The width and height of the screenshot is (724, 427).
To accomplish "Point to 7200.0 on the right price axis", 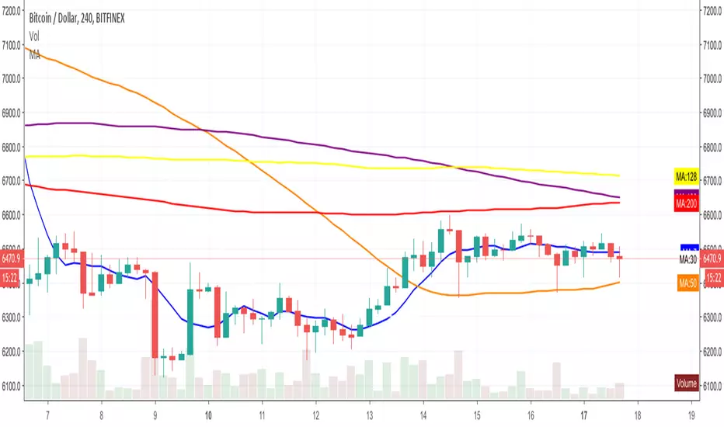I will click(712, 11).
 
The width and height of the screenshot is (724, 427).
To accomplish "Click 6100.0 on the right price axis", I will click(712, 386).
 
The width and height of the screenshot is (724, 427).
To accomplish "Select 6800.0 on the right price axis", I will click(712, 147).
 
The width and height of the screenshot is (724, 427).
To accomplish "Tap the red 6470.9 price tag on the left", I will click(12, 258).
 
